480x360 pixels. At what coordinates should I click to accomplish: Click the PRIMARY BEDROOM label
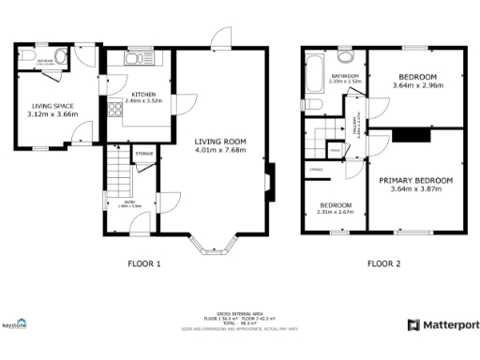point(415,179)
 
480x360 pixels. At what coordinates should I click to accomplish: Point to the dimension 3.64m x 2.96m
point(417,86)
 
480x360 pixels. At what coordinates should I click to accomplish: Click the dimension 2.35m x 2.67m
point(335,212)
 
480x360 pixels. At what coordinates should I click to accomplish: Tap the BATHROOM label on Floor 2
point(346,75)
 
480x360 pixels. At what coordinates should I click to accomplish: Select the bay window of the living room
point(215,246)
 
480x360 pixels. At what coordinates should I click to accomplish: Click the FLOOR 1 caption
point(144,264)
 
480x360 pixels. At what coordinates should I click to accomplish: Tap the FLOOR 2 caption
point(383,264)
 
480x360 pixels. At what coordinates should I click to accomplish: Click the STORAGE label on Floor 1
point(143,153)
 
